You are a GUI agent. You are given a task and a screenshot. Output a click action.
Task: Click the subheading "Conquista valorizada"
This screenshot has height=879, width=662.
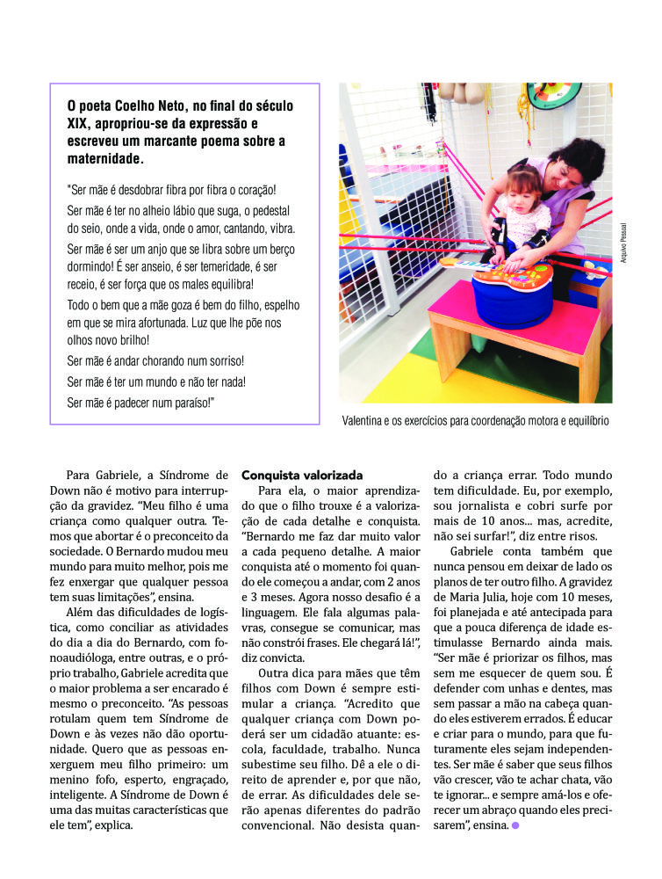point(302,475)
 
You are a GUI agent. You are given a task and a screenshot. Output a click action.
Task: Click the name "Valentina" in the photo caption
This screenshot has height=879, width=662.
point(367,421)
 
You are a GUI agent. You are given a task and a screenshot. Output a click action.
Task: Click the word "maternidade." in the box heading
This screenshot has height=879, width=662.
point(104,160)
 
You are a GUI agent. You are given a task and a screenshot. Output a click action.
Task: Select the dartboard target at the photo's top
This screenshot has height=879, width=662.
point(553,93)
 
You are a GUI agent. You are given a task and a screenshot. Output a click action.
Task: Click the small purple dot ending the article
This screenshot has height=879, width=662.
point(515,825)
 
